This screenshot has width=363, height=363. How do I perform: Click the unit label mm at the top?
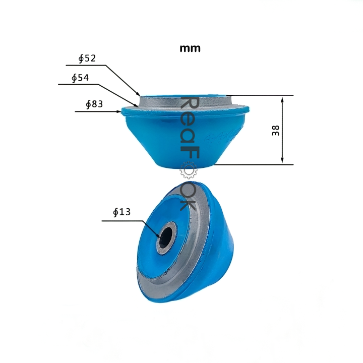tap(190, 48)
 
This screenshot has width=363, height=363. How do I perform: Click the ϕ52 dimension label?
tap(87, 58)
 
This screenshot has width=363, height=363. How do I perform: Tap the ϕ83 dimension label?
tap(94, 104)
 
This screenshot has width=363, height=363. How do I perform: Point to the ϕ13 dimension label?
tap(122, 212)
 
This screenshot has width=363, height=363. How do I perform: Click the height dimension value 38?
tap(275, 130)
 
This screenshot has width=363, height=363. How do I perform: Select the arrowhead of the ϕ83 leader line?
tap(119, 111)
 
